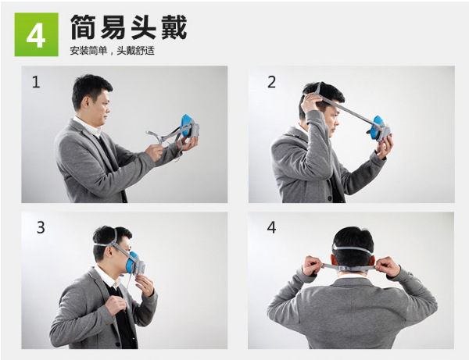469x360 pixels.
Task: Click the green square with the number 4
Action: (x=37, y=34)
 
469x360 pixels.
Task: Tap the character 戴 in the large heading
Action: (x=174, y=27)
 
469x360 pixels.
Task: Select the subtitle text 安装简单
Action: (x=88, y=51)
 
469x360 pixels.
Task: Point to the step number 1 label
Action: (x=36, y=82)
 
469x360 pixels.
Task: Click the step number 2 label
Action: (x=271, y=82)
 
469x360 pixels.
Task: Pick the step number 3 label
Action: (x=41, y=227)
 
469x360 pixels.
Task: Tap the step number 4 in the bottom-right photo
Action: (x=271, y=227)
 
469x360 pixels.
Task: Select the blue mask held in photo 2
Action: (x=379, y=128)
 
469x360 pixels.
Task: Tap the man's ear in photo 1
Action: (x=86, y=102)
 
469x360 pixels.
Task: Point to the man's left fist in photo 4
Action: (x=313, y=266)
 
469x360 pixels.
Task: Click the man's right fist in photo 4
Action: (x=388, y=266)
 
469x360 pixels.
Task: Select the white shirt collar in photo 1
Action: (x=88, y=127)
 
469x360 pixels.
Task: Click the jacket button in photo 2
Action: (x=329, y=198)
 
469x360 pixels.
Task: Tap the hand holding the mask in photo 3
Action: (x=145, y=284)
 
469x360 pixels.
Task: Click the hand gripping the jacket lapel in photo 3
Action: (x=116, y=304)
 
